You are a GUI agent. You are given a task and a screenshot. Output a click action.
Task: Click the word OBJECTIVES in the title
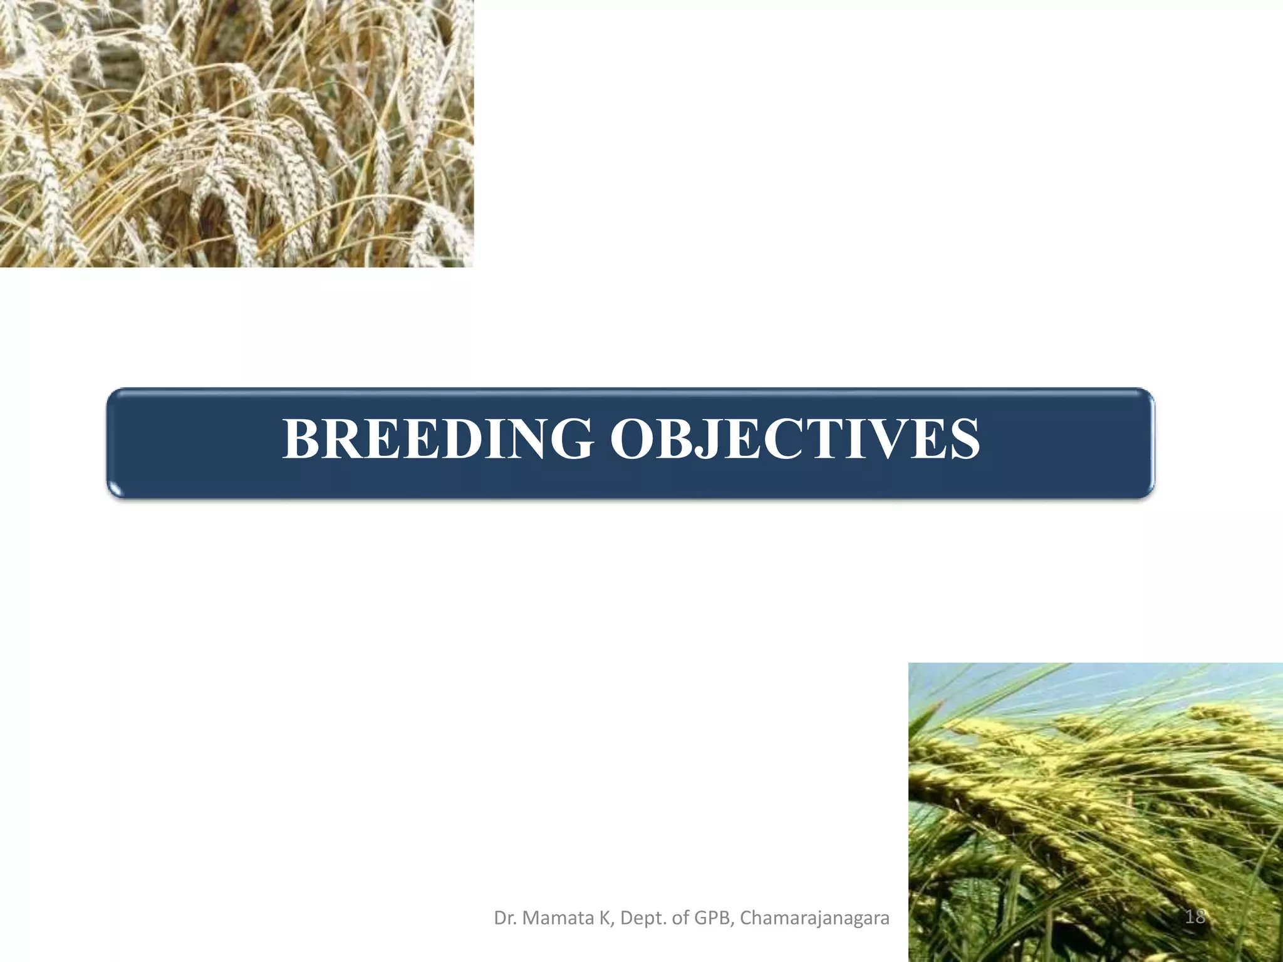795,439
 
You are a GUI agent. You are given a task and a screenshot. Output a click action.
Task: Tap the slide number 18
1195,917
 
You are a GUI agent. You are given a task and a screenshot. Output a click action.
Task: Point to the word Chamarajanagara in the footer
814,918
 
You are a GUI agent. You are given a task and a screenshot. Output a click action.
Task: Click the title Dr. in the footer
505,918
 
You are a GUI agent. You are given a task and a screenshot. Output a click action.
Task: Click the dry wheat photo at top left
236,133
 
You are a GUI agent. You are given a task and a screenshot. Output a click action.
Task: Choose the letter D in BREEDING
450,439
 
